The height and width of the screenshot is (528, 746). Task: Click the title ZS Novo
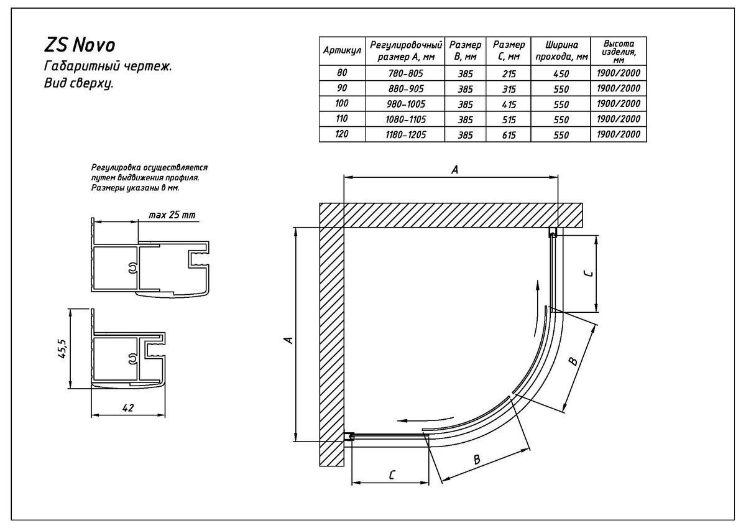(80, 45)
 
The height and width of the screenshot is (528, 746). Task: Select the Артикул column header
(342, 50)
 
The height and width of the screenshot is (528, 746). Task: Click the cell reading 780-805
(405, 73)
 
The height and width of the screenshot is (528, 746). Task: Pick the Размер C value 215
(509, 73)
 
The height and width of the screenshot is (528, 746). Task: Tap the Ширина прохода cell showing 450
(561, 73)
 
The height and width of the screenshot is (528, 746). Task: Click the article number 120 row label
(342, 134)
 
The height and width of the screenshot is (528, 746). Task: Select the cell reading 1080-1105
(405, 119)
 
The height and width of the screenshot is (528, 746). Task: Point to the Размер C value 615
(509, 135)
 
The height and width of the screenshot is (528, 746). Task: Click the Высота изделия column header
(619, 51)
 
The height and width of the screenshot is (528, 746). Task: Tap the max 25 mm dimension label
(172, 215)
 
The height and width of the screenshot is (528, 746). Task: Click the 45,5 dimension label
(63, 349)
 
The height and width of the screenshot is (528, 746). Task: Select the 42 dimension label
(128, 407)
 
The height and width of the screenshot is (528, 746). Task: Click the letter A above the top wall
(454, 170)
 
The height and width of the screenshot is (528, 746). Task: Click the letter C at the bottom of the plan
(392, 475)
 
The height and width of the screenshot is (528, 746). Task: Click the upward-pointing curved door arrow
(535, 308)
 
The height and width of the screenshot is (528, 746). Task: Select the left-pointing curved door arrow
(426, 419)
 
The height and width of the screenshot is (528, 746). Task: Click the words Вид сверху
(78, 83)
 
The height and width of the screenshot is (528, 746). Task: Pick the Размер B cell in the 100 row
(465, 104)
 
